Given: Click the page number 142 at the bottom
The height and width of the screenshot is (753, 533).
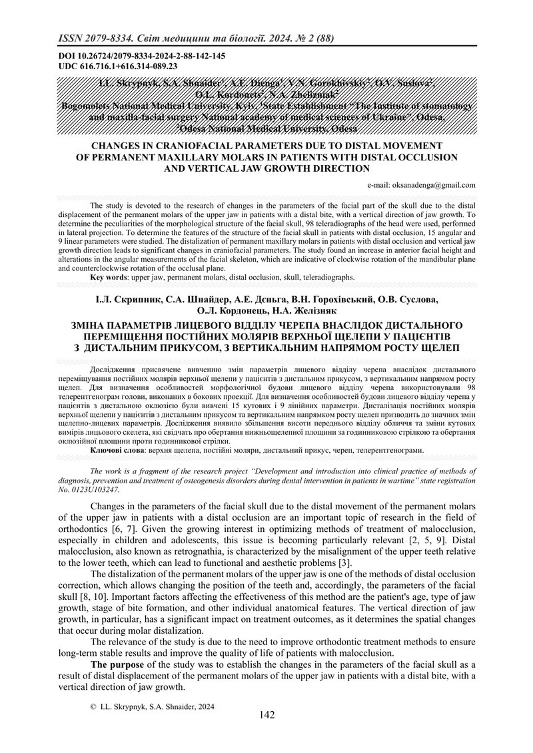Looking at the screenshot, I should pyautogui.click(x=266, y=715).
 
